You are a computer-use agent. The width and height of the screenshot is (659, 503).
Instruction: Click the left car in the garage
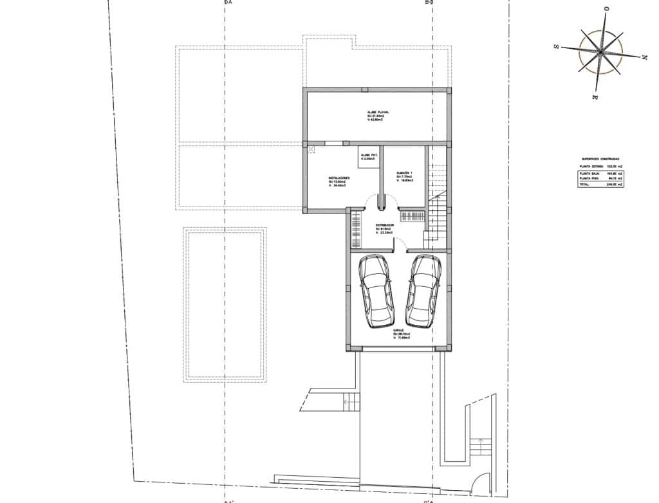pos(376,291)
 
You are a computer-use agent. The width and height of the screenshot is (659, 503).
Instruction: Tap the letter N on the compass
pos(644,57)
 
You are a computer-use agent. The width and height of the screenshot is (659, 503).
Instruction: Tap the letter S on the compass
pos(555,46)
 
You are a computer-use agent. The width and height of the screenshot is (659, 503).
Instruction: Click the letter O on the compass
pos(607,8)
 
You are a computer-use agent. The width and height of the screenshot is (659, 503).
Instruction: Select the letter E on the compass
pos(595,96)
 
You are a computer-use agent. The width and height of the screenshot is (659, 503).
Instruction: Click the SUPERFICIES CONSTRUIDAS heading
pos(601,158)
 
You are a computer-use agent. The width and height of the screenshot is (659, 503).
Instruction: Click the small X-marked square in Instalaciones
pos(311,150)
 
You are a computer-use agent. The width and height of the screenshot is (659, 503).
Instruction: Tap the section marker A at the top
pos(228,3)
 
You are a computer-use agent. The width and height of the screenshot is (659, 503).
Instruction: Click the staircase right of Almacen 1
pos(438,193)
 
